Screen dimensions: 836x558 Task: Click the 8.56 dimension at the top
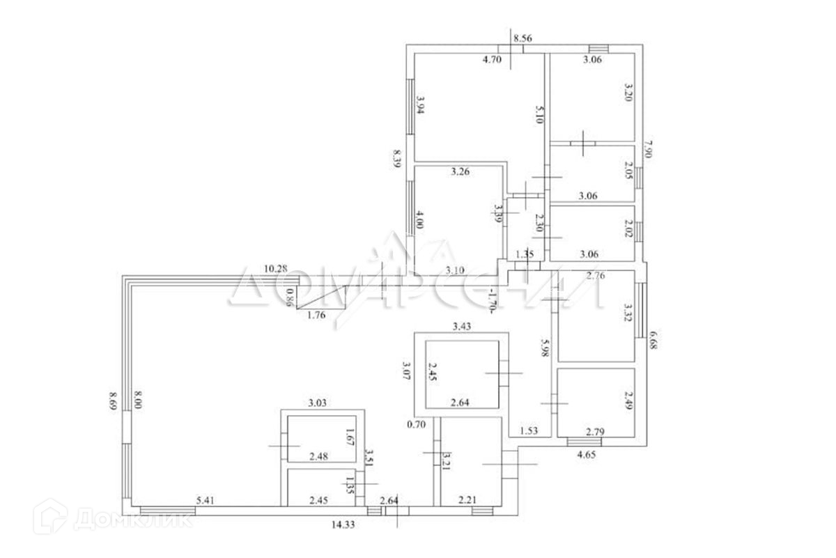[x=522, y=39]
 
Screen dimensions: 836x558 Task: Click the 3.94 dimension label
[x=420, y=109]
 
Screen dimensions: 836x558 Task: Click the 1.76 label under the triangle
[x=318, y=315]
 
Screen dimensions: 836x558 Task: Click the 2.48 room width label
[x=320, y=457]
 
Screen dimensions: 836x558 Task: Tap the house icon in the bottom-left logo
[x=56, y=520]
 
